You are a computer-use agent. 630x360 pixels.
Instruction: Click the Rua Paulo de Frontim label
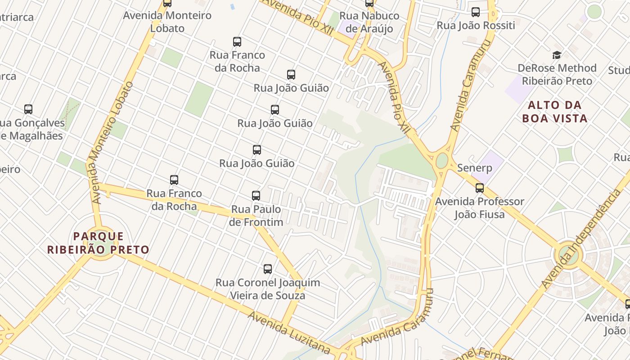(x=256, y=216)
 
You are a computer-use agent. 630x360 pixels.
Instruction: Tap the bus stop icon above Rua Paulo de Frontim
(x=256, y=196)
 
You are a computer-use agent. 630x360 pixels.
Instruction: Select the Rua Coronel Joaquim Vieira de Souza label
(x=268, y=289)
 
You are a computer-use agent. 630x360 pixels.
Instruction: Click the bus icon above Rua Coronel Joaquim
(x=268, y=269)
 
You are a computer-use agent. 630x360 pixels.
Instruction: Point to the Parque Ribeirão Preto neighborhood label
(x=98, y=243)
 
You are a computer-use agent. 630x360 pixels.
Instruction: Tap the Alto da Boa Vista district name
(x=555, y=112)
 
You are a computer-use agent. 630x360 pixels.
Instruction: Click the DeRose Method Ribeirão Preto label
(x=557, y=75)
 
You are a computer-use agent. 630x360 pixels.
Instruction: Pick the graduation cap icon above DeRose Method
(x=557, y=55)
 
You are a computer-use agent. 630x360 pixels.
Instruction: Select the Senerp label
(x=474, y=168)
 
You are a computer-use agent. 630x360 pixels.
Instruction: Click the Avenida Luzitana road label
(x=288, y=332)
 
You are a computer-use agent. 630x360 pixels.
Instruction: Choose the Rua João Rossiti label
(x=476, y=26)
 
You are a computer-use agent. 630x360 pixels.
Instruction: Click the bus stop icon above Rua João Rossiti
(x=476, y=12)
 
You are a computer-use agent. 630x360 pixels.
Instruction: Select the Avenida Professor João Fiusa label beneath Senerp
(x=479, y=208)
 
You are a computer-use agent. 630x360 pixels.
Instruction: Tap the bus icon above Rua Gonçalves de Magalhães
(x=28, y=109)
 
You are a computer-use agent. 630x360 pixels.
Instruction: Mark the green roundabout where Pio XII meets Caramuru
(x=442, y=160)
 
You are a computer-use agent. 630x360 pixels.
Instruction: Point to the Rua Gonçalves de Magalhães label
(x=31, y=129)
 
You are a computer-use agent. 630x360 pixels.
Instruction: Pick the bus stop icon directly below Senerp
(x=480, y=188)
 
